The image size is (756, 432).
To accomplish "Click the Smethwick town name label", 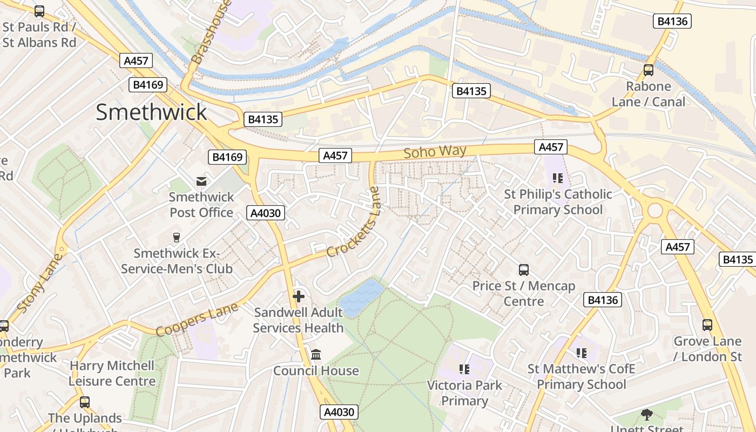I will tap(151, 112).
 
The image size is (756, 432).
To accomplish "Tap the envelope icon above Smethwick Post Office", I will tap(201, 181).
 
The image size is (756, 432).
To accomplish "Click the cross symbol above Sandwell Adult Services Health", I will tap(298, 296).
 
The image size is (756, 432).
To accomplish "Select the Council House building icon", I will tap(316, 355).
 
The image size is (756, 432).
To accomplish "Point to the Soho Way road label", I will tap(435, 152).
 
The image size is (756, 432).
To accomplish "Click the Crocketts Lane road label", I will tap(354, 223).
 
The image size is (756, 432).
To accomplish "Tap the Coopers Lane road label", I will tap(197, 320).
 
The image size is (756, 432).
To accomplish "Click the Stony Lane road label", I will tap(39, 282).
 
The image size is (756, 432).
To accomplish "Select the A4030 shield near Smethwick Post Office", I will tap(266, 213).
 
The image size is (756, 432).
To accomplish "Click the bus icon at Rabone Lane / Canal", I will tap(648, 70).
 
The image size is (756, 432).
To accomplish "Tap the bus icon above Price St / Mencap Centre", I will tap(523, 270).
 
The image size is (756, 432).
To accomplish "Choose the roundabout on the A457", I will tap(654, 210).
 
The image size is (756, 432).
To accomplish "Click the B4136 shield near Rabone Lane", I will tap(672, 21).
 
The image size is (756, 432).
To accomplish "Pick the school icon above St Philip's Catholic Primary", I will tap(558, 178).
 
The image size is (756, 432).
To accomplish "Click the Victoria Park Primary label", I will tap(464, 393).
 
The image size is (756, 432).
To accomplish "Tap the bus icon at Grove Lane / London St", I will tap(707, 325).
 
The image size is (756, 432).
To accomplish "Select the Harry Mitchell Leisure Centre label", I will tap(112, 373).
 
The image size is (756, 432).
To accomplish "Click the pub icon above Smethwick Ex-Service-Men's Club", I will tap(176, 237).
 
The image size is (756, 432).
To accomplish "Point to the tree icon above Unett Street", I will tap(646, 415).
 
